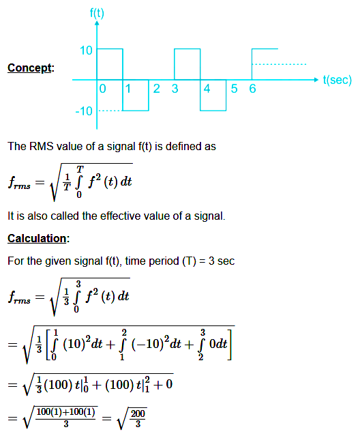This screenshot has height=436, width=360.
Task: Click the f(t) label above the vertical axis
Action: tap(97, 13)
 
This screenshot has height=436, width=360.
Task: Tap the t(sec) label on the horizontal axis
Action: tap(337, 80)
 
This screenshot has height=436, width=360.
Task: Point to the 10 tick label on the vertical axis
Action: tap(86, 50)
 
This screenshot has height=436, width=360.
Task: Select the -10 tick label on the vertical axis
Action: tap(84, 111)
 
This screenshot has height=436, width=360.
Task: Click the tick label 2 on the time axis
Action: tap(157, 89)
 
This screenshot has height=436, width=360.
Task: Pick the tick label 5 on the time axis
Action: tap(234, 89)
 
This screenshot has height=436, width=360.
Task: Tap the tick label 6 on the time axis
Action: tap(252, 89)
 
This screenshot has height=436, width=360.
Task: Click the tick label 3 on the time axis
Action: tap(175, 89)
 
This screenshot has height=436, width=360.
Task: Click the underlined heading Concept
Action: tap(29, 68)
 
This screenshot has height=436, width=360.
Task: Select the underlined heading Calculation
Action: tap(37, 238)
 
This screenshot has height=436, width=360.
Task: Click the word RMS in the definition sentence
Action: tap(42, 146)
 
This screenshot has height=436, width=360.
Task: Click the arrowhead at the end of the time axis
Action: tap(316, 80)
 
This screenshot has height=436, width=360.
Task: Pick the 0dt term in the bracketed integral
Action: tap(218, 344)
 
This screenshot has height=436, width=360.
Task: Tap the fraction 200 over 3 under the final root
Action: tap(138, 418)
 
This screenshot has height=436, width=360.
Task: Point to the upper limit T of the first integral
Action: tap(80, 169)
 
